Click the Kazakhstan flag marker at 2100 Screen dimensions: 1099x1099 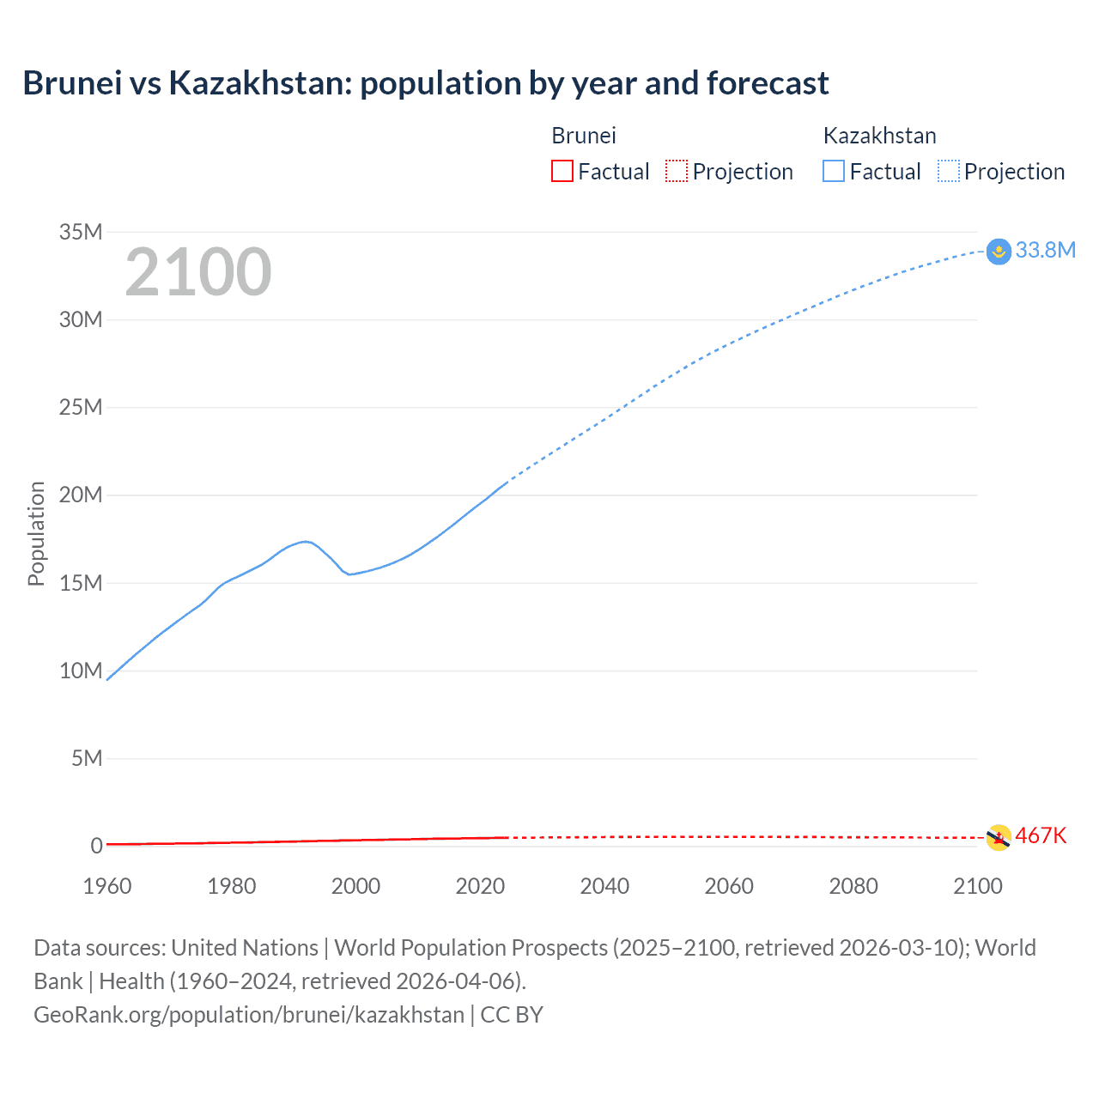tap(999, 252)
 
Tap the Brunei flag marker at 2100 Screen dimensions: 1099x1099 tap(999, 837)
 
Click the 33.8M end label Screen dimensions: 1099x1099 tap(1045, 250)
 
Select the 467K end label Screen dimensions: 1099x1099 tap(1041, 835)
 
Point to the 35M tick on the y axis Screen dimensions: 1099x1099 tap(81, 232)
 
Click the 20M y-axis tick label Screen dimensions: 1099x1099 tap(81, 495)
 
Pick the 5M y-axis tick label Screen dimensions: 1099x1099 tap(87, 758)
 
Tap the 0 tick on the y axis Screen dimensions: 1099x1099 tap(96, 846)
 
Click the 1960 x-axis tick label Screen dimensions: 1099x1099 tap(107, 886)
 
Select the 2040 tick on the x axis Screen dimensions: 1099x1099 tap(604, 886)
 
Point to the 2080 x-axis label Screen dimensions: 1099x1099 tap(853, 886)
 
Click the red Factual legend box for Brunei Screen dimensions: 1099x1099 tap(562, 171)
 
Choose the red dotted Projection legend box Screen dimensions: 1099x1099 tap(677, 171)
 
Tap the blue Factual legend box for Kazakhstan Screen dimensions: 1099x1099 tap(834, 171)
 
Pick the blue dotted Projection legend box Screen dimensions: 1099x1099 tap(949, 171)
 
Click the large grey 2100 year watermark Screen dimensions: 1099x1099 tap(198, 272)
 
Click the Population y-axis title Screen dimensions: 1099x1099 tap(36, 533)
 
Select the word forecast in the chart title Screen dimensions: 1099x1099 tap(768, 83)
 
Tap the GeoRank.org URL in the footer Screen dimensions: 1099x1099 tap(249, 1014)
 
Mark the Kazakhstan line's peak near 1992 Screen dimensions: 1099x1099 tap(306, 541)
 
